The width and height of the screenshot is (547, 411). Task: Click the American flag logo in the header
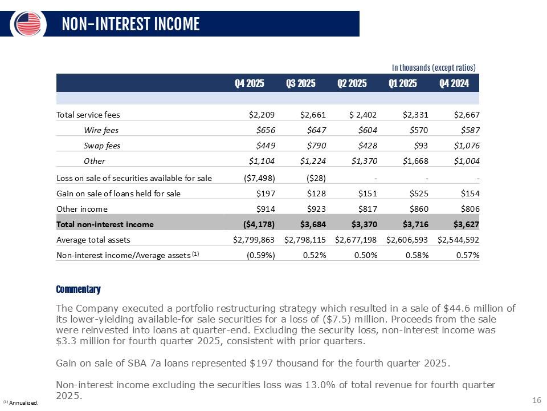pyautogui.click(x=27, y=23)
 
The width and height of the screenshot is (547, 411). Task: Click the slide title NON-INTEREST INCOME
pyautogui.click(x=131, y=24)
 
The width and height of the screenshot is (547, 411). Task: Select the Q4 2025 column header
pyautogui.click(x=250, y=83)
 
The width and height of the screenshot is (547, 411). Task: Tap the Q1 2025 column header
pyautogui.click(x=403, y=83)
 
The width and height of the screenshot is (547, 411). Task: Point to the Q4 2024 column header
pyautogui.click(x=454, y=83)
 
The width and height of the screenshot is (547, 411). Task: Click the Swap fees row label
pyautogui.click(x=102, y=146)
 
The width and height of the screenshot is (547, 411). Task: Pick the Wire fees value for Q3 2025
pyautogui.click(x=316, y=130)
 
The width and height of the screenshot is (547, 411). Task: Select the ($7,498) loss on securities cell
pyautogui.click(x=259, y=178)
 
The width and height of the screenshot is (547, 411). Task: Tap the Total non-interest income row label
pyautogui.click(x=105, y=224)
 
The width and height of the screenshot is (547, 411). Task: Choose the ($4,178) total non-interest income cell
pyautogui.click(x=259, y=224)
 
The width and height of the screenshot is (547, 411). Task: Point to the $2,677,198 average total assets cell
pyautogui.click(x=356, y=239)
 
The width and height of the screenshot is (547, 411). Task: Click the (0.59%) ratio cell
pyautogui.click(x=261, y=255)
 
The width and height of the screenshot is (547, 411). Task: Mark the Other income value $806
pyautogui.click(x=470, y=209)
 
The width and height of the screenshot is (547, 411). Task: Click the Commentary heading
pyautogui.click(x=78, y=289)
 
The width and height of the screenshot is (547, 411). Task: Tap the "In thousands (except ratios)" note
pyautogui.click(x=434, y=67)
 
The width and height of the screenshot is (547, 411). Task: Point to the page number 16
pyautogui.click(x=537, y=400)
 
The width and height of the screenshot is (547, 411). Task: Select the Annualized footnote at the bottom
pyautogui.click(x=21, y=402)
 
